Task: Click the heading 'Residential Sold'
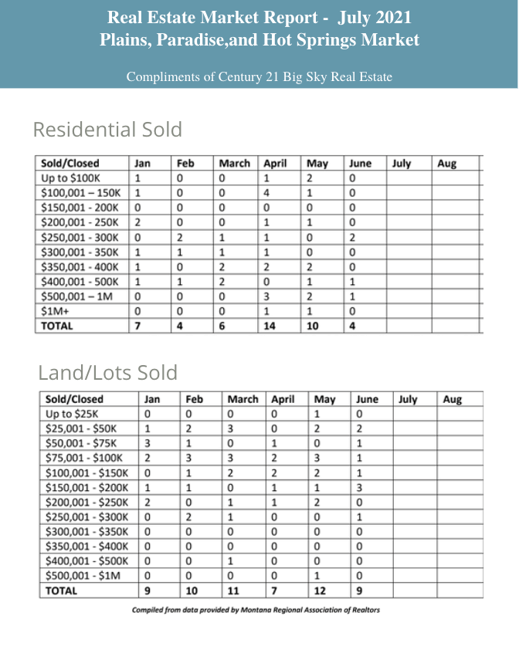point(107,129)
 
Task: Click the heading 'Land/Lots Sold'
point(107,373)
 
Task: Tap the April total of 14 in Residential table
point(270,326)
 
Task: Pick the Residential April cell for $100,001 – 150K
point(266,193)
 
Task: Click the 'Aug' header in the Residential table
point(446,164)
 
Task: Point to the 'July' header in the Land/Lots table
point(408,399)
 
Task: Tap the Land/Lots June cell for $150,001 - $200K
point(359,488)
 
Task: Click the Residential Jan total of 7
point(137,326)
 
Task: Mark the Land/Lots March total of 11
point(235,590)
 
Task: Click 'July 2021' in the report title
point(374,17)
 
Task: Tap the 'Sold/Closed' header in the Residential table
point(72,164)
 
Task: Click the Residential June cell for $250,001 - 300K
point(351,237)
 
